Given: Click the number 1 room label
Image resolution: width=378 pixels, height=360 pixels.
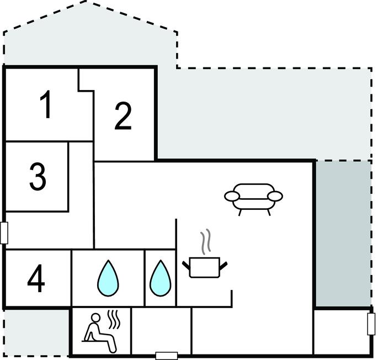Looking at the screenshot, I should tap(47, 105).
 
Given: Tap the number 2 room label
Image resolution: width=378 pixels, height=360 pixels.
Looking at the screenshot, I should tap(123, 117).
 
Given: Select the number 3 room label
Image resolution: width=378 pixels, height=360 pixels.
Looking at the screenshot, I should tap(37, 176).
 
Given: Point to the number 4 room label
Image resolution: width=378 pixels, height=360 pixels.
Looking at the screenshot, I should tap(36, 279).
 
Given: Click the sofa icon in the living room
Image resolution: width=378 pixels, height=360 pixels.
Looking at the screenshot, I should tap(253, 198).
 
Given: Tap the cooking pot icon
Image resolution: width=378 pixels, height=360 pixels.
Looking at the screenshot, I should tap(205, 267).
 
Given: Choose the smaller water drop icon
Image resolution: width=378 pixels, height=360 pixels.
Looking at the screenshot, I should tap(160, 277).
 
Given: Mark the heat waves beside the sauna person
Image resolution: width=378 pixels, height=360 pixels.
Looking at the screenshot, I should tap(115, 320).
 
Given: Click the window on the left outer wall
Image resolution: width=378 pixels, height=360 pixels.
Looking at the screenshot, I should tap(4, 232).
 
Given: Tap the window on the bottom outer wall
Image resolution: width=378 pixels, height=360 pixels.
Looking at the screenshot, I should tap(166, 356).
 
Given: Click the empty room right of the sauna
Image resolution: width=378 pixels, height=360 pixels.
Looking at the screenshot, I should tap(161, 331).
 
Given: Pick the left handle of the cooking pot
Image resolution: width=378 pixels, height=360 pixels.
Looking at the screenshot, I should tap(186, 265).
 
